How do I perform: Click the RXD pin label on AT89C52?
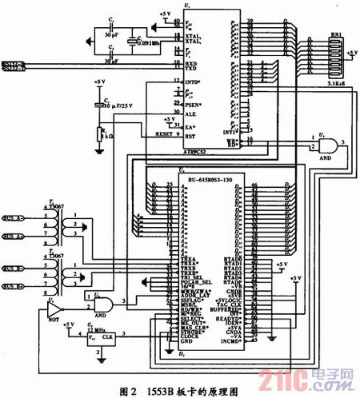pyautogui.click(x=192, y=63)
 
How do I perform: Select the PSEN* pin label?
pyautogui.click(x=193, y=104)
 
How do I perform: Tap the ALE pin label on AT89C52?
pyautogui.click(x=191, y=113)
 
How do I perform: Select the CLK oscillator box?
pyautogui.click(x=107, y=337)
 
